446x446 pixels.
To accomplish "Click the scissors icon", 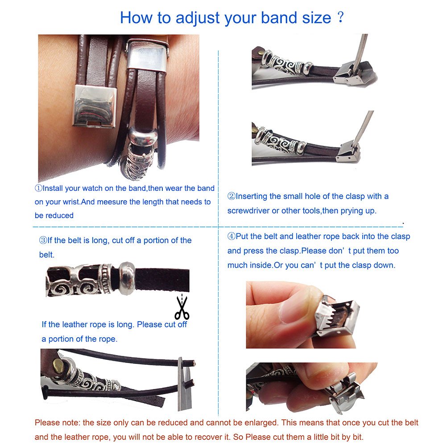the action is [x=182, y=308].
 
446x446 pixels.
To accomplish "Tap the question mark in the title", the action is [x=340, y=17].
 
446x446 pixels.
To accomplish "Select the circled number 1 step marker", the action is [x=38, y=188].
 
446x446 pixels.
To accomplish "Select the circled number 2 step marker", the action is [x=231, y=196].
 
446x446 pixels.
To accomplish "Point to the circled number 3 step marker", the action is [x=43, y=240].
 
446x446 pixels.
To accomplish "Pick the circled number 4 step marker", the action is [x=231, y=236].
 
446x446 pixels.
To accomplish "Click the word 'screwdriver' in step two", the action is [x=248, y=211].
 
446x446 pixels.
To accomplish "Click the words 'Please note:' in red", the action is [x=58, y=423].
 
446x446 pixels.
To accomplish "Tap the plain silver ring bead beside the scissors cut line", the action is [x=127, y=278].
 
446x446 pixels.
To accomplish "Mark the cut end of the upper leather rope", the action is [x=194, y=363].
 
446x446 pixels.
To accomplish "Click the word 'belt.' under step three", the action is [x=47, y=255].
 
